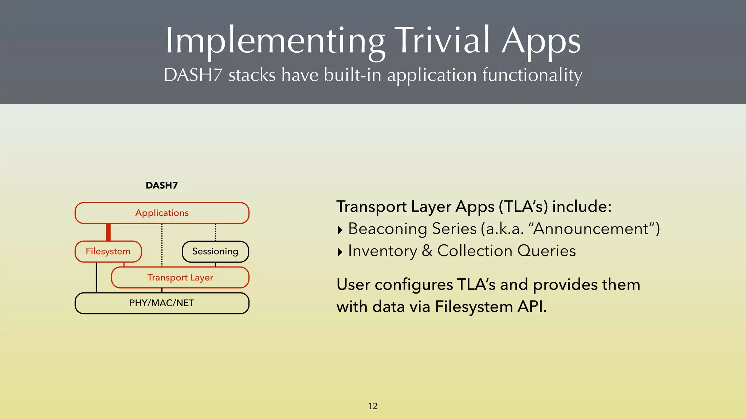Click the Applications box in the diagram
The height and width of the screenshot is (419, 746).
pyautogui.click(x=162, y=213)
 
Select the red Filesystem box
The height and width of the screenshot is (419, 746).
pyautogui.click(x=108, y=251)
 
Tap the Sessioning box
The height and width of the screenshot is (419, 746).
pyautogui.click(x=215, y=251)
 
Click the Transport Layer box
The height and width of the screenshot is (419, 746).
pyautogui.click(x=180, y=278)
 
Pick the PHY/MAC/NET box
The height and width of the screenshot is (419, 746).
pyautogui.click(x=162, y=303)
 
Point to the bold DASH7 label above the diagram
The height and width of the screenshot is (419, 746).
pyautogui.click(x=161, y=185)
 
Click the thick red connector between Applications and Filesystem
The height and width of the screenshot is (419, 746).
pyautogui.click(x=108, y=232)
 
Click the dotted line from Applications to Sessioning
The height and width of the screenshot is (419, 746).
pyautogui.click(x=215, y=232)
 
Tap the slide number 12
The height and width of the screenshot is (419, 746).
pyautogui.click(x=373, y=406)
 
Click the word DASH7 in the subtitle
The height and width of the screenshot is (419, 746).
pyautogui.click(x=193, y=75)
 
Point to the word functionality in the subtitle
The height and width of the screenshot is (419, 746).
pyautogui.click(x=532, y=75)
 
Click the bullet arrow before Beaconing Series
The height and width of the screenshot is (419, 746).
pyautogui.click(x=340, y=230)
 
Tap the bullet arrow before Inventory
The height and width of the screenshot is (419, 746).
pyautogui.click(x=340, y=252)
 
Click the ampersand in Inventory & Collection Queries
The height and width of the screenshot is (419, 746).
pyautogui.click(x=427, y=251)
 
